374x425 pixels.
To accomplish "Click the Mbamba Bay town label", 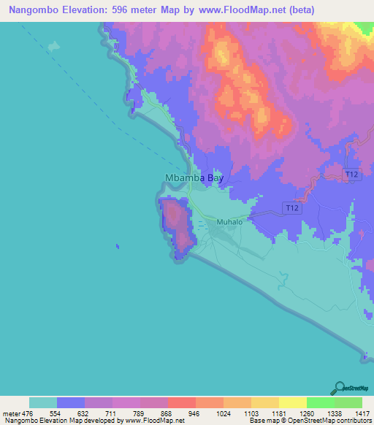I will tap(194, 177).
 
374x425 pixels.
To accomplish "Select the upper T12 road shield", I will tap(352, 174).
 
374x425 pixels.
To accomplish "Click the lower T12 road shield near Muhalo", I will tap(292, 209).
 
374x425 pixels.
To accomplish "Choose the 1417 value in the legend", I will tap(362, 413).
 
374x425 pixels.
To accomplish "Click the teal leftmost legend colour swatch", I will tap(43, 402).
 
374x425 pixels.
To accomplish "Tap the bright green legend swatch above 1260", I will tap(320, 402).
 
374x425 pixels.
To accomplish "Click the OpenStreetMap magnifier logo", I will tap(338, 387).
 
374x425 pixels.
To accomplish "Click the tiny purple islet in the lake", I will tap(116, 247).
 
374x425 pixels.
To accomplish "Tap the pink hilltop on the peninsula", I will tap(174, 215).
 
